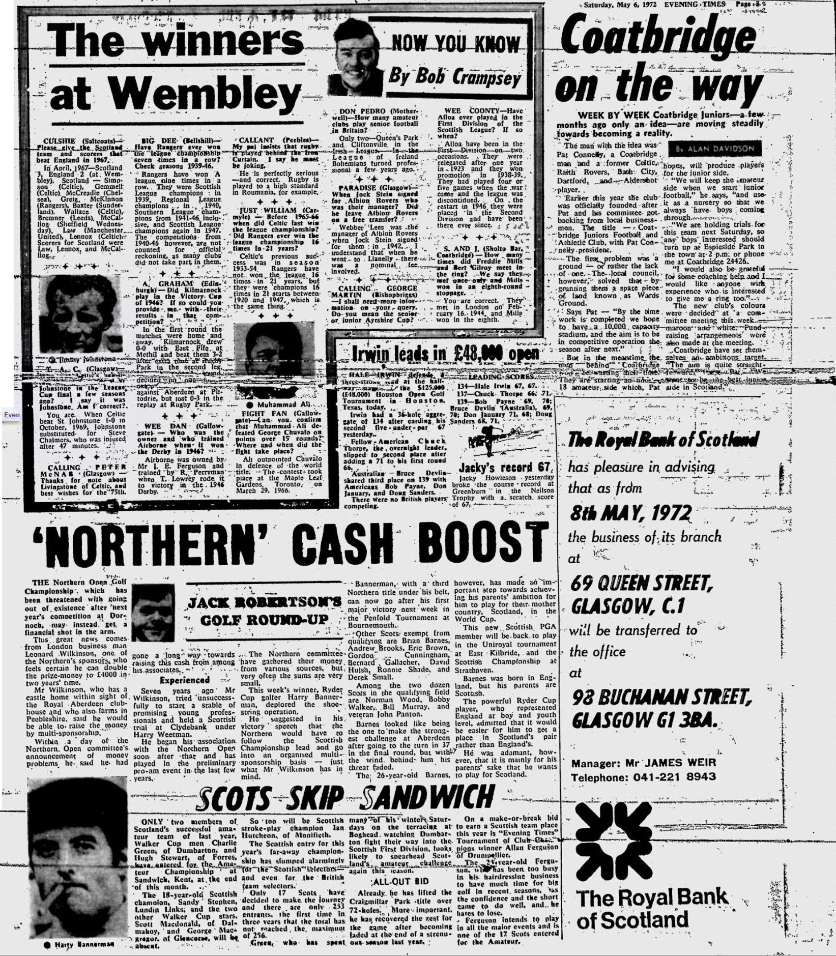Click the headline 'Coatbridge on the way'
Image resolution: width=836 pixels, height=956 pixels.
(x=656, y=61)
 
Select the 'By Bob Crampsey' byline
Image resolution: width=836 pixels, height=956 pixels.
(x=454, y=77)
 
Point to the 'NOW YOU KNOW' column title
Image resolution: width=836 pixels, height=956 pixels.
(x=455, y=44)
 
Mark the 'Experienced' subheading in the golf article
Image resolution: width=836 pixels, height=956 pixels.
(x=184, y=680)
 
